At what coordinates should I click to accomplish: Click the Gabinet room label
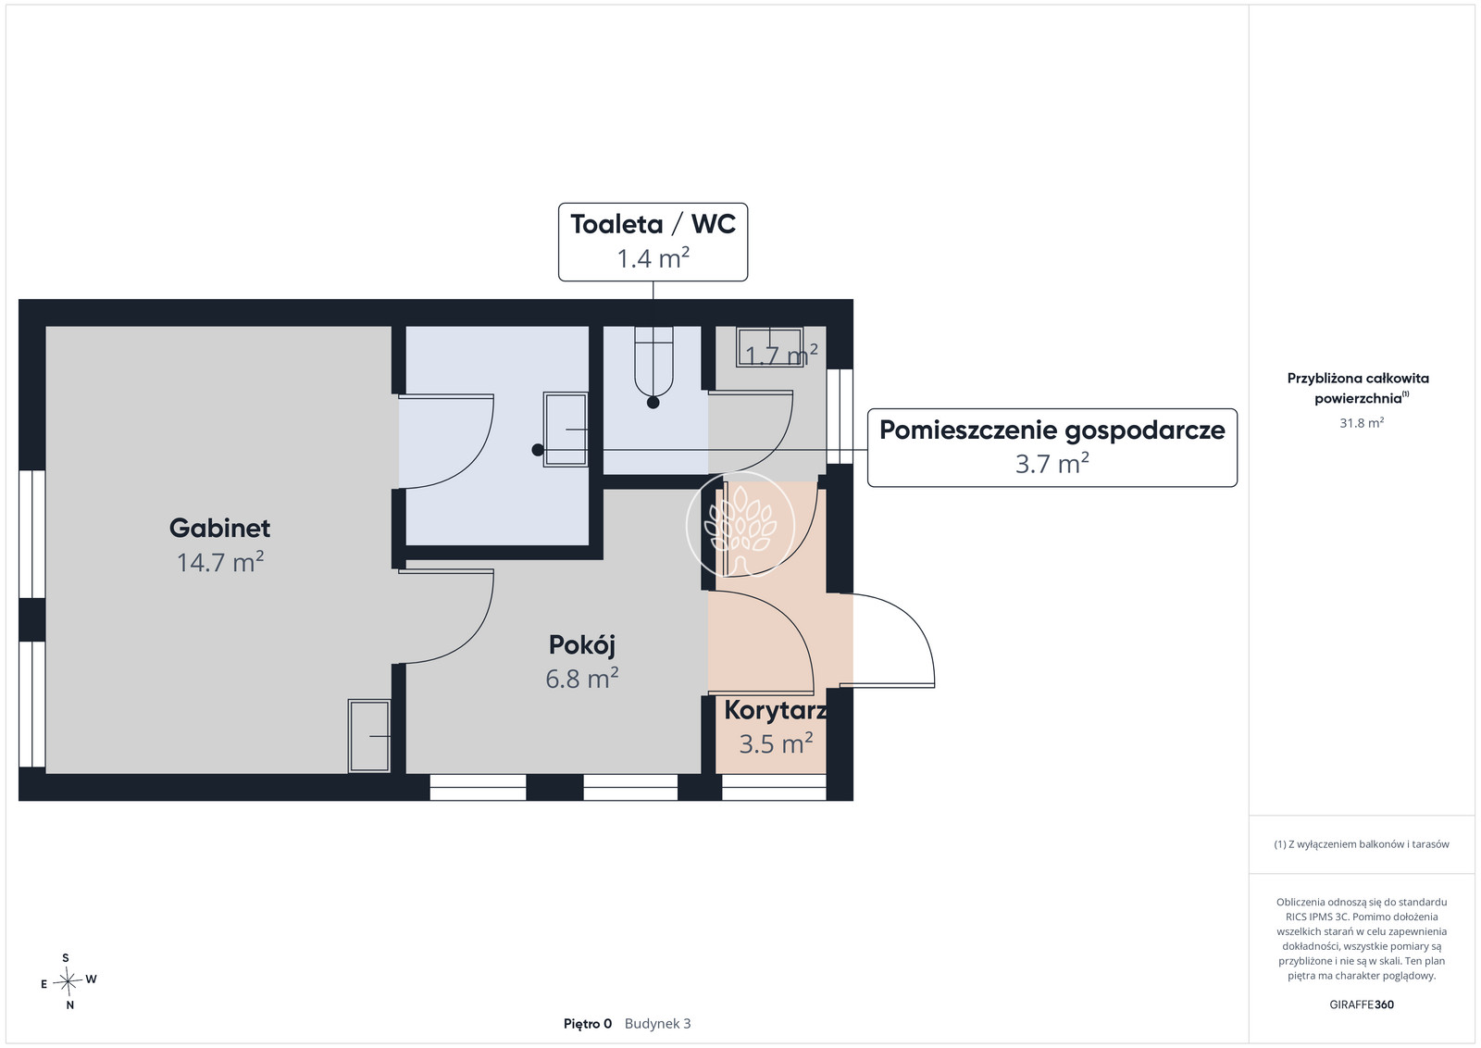coord(219,528)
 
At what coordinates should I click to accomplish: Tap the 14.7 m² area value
coord(220,562)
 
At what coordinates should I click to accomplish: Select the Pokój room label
coord(582,644)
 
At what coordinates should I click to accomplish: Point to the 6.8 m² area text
coord(582,679)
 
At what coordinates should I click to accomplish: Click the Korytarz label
coord(775,710)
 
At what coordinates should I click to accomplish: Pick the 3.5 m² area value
coord(776,743)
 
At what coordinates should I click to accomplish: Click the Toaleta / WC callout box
coord(653,242)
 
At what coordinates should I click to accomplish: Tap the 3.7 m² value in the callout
coord(1052,464)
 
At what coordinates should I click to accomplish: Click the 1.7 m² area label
coord(781,356)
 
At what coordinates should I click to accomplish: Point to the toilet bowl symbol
coord(653,362)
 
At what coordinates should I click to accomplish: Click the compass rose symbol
coord(68,981)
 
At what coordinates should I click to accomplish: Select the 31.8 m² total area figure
coord(1362,422)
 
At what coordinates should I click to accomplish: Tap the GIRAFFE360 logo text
coord(1362,1004)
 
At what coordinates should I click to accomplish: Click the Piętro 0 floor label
coord(588,1024)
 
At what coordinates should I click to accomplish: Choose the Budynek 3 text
coord(657,1024)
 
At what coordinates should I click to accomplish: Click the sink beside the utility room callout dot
coord(566,430)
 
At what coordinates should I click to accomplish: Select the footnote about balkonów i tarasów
coord(1362,844)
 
